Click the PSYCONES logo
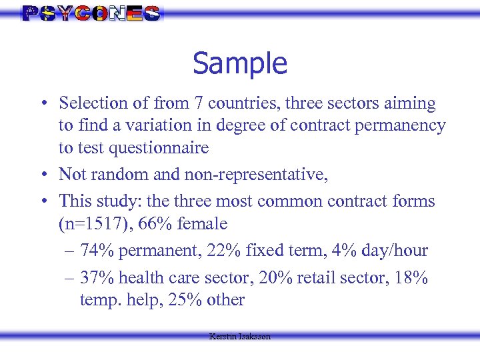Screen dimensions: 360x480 point(91,13)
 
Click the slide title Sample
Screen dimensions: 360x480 point(240,63)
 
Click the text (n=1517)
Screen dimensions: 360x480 point(91,223)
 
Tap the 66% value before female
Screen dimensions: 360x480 point(155,223)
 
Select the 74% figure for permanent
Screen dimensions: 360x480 point(96,251)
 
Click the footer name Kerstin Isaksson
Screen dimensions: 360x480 point(240,337)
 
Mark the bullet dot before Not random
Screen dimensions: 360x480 point(42,175)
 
